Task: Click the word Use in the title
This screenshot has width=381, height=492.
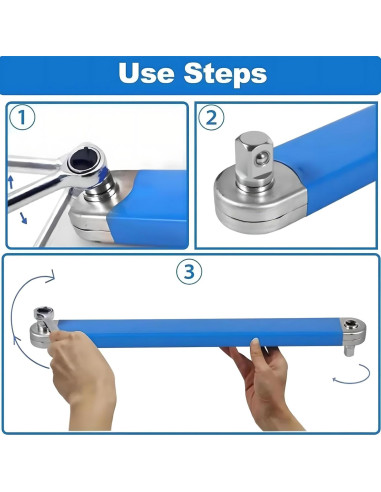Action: [146, 73]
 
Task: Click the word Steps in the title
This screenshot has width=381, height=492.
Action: [225, 74]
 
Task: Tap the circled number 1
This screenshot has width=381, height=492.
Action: [22, 117]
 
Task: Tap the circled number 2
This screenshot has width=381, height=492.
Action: [212, 117]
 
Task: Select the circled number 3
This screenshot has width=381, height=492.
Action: [189, 272]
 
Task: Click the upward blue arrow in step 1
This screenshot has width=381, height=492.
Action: [11, 182]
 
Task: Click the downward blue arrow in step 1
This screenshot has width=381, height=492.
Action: [23, 218]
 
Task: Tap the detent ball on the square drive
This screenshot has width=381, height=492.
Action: [262, 158]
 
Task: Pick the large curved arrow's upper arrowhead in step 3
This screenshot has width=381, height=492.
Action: [50, 276]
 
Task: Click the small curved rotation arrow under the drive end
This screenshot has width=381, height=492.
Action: [352, 375]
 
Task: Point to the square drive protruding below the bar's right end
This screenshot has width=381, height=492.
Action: [349, 351]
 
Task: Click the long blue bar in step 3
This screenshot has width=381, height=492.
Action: [199, 333]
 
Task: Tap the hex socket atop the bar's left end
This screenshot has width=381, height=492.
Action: [42, 313]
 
